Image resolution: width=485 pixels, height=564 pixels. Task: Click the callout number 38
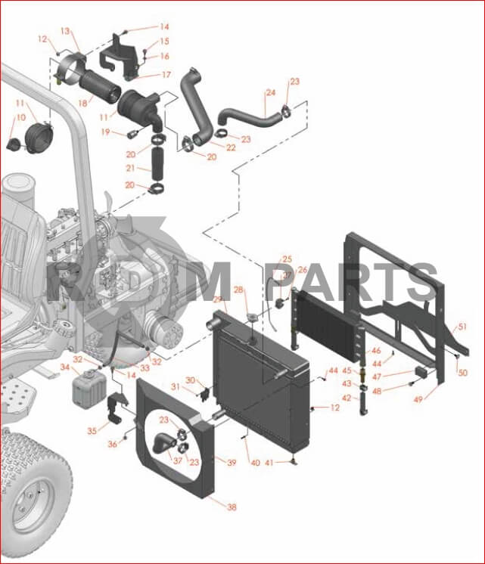(x=232, y=507)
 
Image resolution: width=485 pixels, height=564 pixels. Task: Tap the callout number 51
(x=462, y=327)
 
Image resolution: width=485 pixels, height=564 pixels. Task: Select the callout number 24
(x=270, y=92)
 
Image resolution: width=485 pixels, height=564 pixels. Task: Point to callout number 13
(x=65, y=31)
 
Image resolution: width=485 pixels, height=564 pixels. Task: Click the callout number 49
(x=418, y=399)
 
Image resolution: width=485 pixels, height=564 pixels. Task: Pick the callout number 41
(x=269, y=463)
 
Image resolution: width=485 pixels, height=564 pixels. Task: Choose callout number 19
(x=105, y=132)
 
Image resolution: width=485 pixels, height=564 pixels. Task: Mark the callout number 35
(x=92, y=430)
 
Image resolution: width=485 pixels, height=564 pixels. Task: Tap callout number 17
(x=166, y=75)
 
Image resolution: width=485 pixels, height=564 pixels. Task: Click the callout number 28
(x=239, y=290)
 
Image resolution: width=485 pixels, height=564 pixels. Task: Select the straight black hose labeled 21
(x=157, y=163)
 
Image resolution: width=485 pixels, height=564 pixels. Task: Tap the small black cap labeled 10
(x=15, y=144)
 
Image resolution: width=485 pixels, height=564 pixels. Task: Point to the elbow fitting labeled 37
(x=164, y=444)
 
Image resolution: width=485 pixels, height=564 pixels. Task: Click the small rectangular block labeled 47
(x=421, y=371)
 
